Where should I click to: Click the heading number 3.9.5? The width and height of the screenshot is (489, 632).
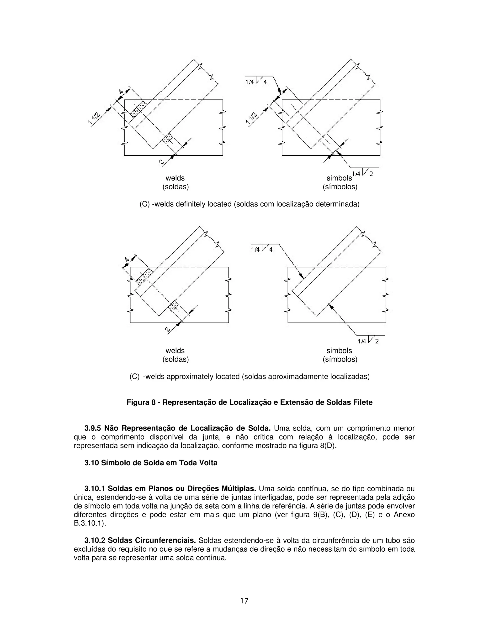[x=93, y=428]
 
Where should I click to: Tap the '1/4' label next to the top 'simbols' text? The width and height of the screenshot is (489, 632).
[x=356, y=174]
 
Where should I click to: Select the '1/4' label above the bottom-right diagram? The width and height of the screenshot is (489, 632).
[x=255, y=249]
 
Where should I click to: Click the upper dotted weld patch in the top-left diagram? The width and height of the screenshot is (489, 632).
[x=139, y=109]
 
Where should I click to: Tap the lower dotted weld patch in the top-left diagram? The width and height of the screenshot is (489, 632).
[x=167, y=138]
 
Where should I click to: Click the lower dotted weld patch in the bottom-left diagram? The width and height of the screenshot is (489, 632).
[x=174, y=306]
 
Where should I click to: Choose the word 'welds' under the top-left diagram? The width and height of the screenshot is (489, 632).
[x=175, y=178]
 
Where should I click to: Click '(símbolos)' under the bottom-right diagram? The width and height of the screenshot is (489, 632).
[x=340, y=359]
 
